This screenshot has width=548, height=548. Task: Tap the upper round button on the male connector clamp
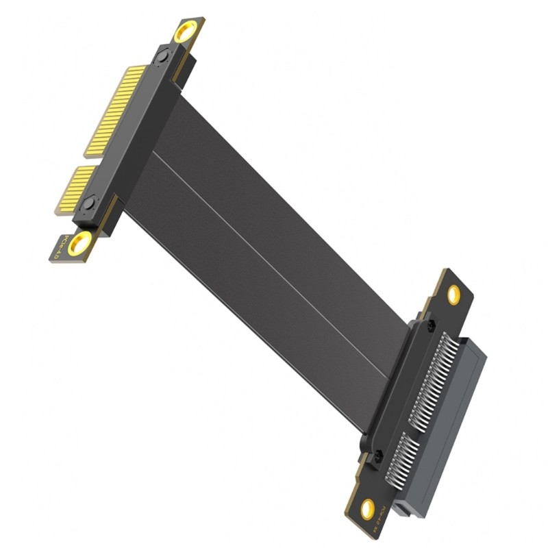(162, 60)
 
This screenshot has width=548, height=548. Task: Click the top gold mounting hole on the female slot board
(453, 295)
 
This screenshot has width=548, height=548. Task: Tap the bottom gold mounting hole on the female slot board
(368, 508)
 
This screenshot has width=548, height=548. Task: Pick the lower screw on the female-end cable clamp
(375, 454)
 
